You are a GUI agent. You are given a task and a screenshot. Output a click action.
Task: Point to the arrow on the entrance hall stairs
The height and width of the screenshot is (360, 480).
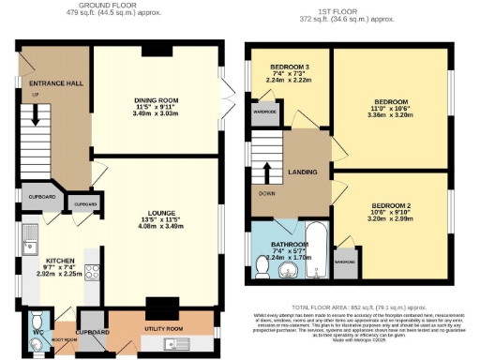(36, 118)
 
